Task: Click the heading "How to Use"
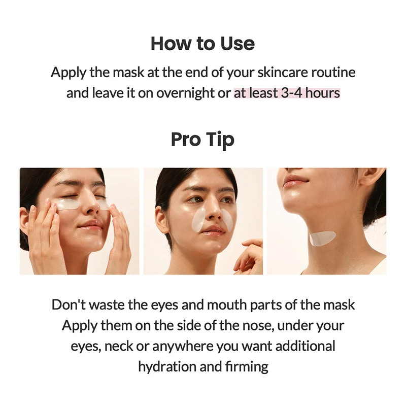[202, 44]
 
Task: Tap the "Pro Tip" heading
[202, 139]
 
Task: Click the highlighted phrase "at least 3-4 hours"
[287, 93]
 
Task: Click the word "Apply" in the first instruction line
[69, 72]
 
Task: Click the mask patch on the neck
[322, 238]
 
